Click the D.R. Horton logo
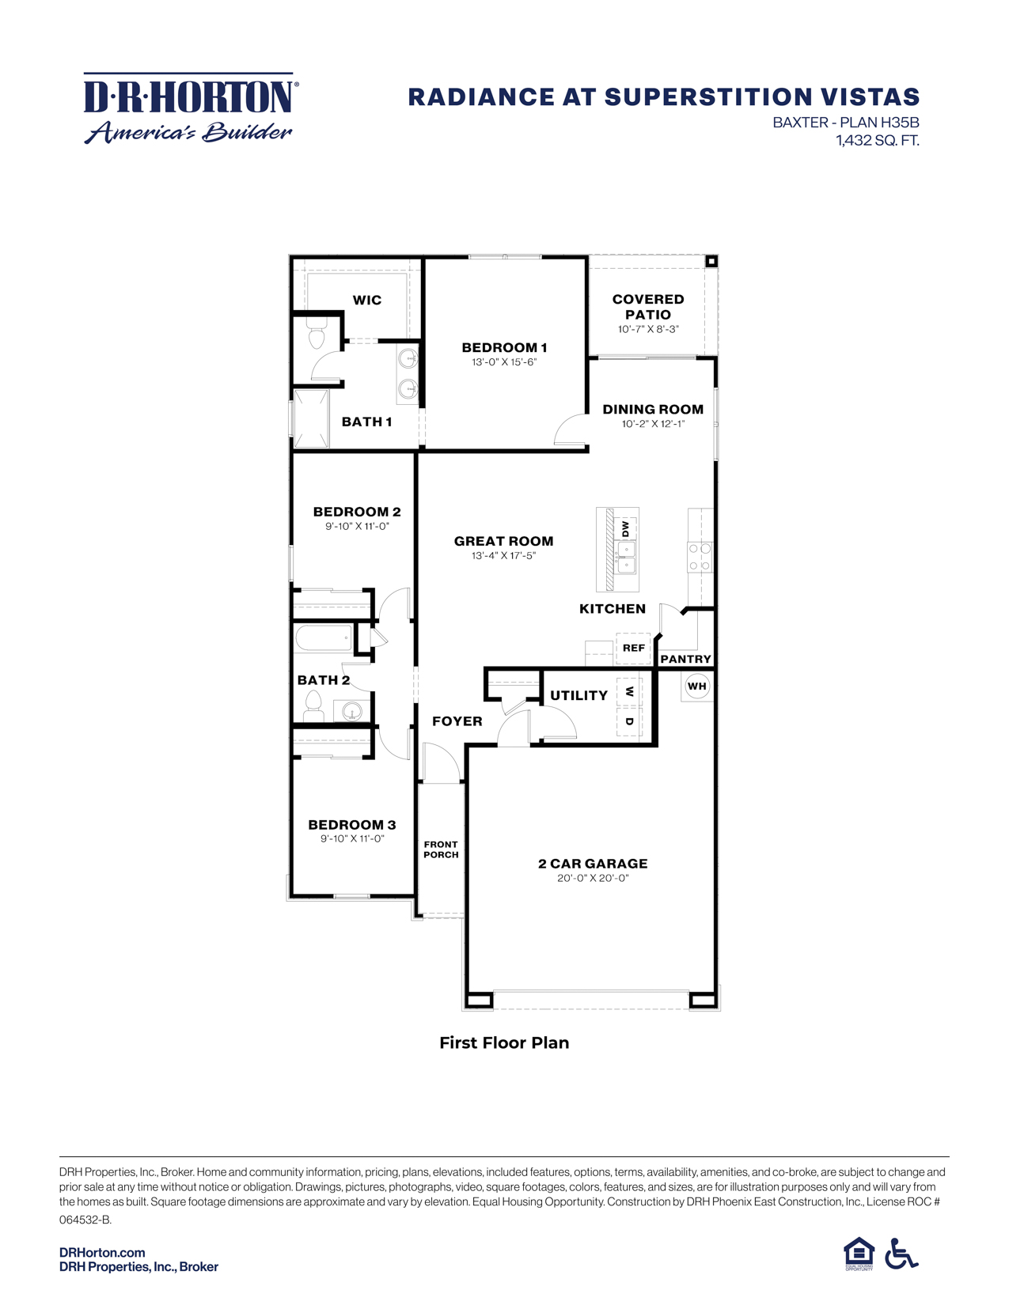point(190,109)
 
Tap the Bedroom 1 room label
point(504,347)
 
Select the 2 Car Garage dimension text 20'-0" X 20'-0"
point(593,878)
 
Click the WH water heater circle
point(696,686)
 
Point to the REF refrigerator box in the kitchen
point(633,648)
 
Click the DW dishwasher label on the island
point(625,528)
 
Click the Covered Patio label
point(648,307)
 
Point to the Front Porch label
point(441,849)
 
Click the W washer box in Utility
point(629,692)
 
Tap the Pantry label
point(685,659)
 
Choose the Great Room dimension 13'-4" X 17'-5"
point(503,556)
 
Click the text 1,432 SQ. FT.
point(877,141)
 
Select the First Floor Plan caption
point(504,1042)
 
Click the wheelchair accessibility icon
point(901,1254)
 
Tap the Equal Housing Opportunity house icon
point(859,1254)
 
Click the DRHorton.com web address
point(102,1252)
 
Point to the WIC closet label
point(366,300)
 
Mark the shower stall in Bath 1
point(311,418)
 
